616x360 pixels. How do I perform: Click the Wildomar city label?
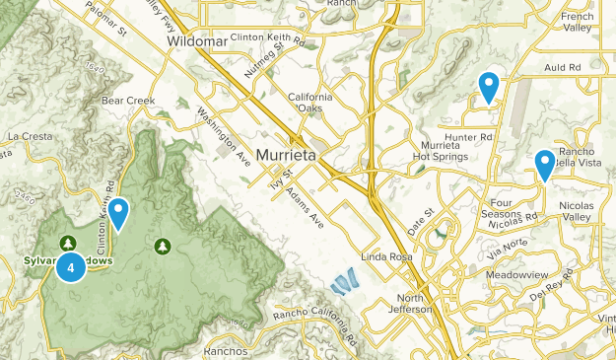coord(197,43)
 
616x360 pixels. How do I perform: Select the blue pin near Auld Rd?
coord(487,87)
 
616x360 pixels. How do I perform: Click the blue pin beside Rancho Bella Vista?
coord(544,165)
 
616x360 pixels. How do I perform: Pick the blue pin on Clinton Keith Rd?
coord(118,213)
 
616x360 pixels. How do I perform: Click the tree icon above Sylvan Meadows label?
coord(67,243)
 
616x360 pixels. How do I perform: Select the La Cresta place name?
coord(28,135)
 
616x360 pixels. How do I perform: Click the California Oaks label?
coord(310,103)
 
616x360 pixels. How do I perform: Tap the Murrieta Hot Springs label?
coord(434,152)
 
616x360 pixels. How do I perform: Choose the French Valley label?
coord(590,23)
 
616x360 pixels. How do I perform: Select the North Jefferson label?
coord(416,304)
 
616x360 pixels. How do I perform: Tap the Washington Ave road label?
coord(225,135)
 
